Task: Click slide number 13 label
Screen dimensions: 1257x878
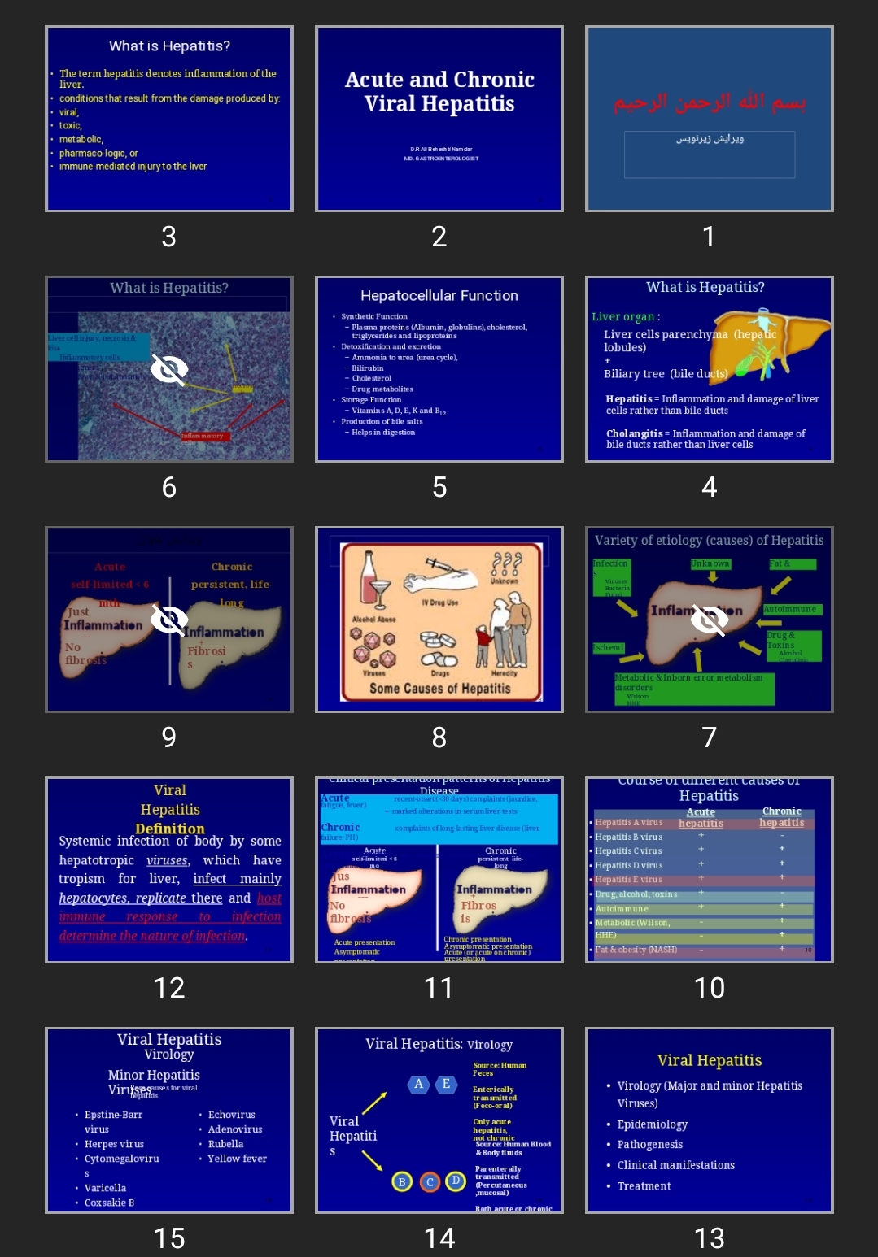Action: (x=709, y=1237)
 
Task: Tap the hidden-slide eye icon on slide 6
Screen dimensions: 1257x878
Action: (x=169, y=370)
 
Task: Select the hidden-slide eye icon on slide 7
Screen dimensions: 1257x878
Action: (x=710, y=620)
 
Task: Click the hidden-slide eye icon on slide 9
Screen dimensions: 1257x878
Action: (x=169, y=620)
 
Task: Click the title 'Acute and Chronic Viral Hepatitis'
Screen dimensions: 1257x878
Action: (x=439, y=91)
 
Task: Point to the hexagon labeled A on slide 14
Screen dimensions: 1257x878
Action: (x=418, y=1084)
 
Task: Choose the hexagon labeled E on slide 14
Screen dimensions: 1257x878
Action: (x=446, y=1084)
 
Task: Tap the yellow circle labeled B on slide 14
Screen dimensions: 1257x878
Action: (x=402, y=1181)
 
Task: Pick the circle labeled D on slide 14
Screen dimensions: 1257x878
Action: (x=456, y=1181)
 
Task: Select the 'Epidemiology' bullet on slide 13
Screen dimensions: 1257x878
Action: (x=652, y=1124)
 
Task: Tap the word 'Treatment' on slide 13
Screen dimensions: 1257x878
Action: (x=644, y=1186)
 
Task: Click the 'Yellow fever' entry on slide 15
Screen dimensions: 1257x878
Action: (x=237, y=1159)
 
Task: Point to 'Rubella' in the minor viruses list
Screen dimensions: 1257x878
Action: (x=225, y=1144)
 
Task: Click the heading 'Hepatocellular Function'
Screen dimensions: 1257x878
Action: (x=439, y=296)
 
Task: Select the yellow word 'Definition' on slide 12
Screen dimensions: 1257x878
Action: (x=169, y=829)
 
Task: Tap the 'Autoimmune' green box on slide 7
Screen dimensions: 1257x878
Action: (x=790, y=609)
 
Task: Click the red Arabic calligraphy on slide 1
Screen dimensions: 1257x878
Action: (x=709, y=103)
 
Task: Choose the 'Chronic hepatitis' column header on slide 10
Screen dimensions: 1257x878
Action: (x=781, y=817)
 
